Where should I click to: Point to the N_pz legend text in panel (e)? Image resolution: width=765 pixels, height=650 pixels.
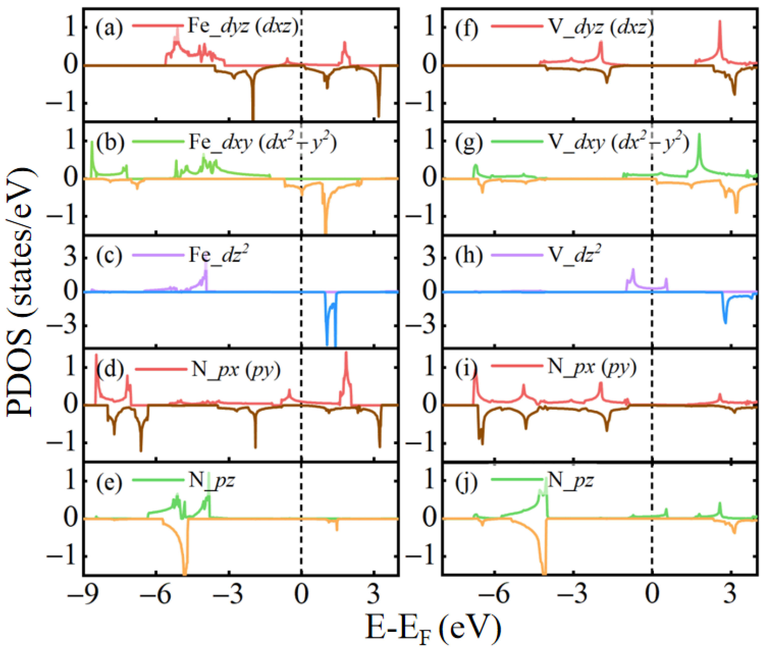coord(212,481)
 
